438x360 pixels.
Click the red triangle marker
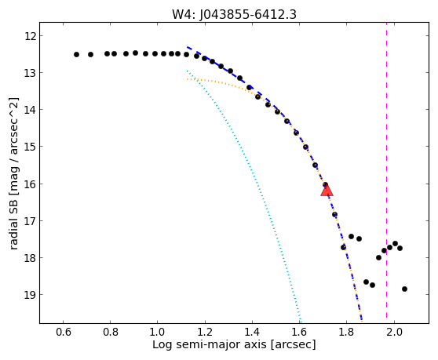327,190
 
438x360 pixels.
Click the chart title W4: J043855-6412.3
234,15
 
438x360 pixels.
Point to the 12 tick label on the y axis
30,36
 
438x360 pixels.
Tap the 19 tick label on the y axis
30,294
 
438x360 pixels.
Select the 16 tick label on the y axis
30,184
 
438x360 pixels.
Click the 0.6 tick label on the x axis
63,332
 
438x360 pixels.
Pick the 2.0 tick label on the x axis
394,332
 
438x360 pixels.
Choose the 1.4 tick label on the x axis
252,332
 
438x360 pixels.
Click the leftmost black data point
77,54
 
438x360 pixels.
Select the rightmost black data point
404,289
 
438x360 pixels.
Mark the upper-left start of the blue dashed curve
187,47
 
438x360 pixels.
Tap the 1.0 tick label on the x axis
157,332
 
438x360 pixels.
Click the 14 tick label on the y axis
30,109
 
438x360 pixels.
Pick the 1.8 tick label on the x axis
346,332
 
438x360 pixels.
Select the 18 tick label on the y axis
30,257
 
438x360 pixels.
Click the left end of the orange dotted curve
187,79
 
